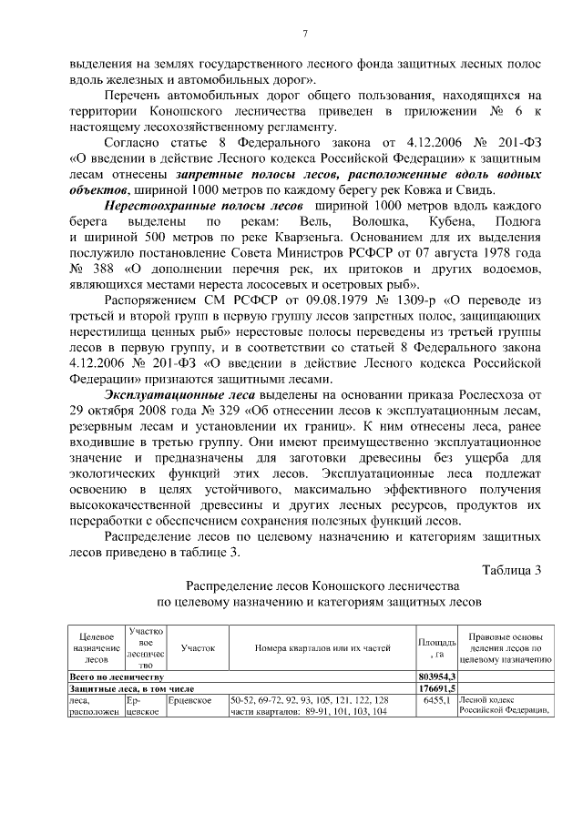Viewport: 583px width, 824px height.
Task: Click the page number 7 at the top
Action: [x=305, y=35]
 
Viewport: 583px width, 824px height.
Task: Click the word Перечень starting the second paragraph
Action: [x=137, y=95]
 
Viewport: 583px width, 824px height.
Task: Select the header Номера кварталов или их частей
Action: [x=322, y=648]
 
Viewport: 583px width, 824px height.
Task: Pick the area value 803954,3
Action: [x=437, y=677]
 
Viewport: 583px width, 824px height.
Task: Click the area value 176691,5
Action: [x=437, y=689]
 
